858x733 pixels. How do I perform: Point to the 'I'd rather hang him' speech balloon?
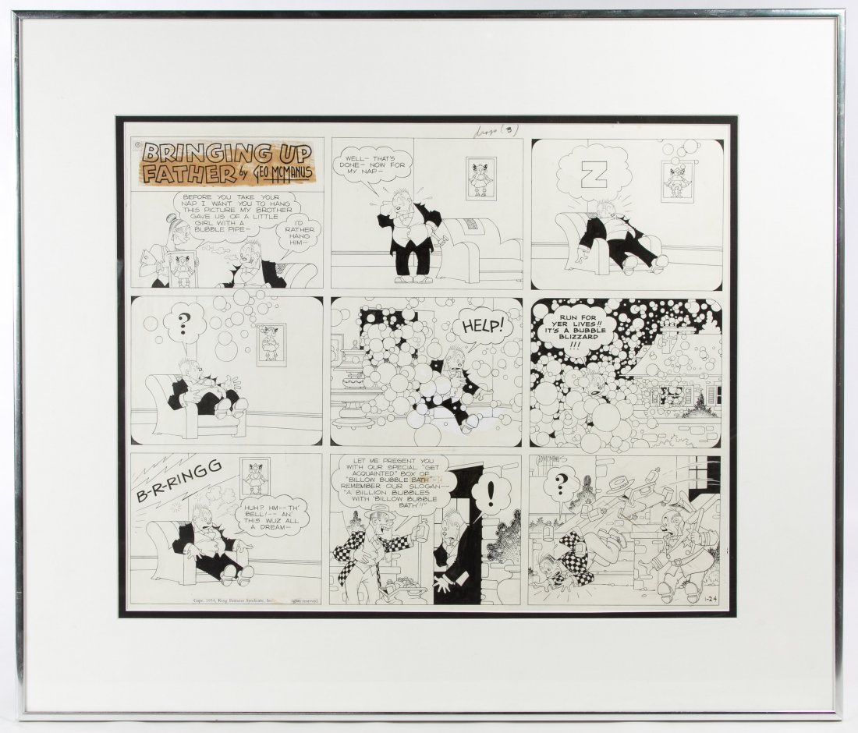tap(302, 230)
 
